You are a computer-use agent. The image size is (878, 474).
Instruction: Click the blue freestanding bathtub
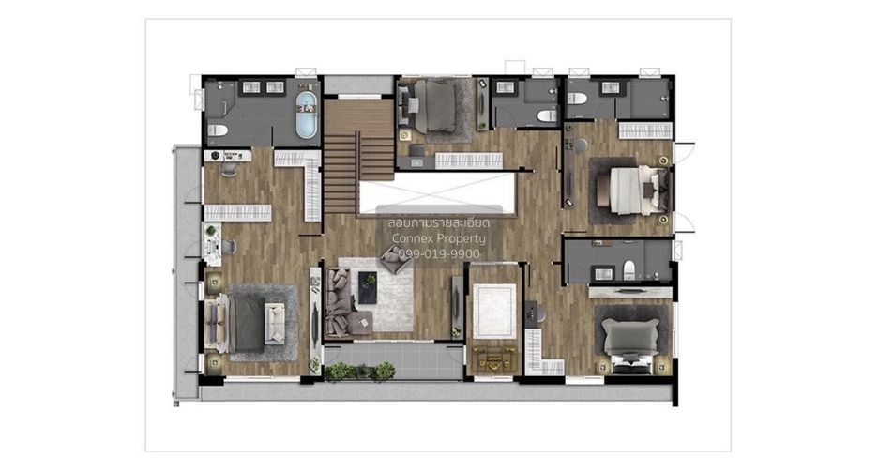click(307, 115)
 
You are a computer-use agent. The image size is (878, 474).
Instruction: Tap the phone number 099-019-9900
click(439, 254)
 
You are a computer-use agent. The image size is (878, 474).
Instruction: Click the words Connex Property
click(439, 238)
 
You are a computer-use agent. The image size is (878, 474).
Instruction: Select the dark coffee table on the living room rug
click(368, 287)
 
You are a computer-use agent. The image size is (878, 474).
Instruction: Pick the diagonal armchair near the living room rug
click(395, 258)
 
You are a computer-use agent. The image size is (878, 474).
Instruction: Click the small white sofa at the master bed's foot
click(274, 323)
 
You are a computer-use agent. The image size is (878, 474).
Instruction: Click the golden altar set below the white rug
click(493, 359)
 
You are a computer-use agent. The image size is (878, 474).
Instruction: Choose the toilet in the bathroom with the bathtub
click(218, 130)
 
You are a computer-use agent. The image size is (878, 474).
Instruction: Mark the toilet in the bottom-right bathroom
click(628, 270)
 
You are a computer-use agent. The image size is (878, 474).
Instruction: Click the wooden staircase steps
click(358, 157)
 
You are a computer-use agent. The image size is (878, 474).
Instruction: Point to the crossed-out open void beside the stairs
click(436, 192)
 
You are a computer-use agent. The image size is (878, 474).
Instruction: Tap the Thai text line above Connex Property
click(439, 223)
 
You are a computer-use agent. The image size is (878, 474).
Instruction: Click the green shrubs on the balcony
click(360, 372)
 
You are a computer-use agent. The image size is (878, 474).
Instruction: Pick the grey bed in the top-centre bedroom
click(433, 105)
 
